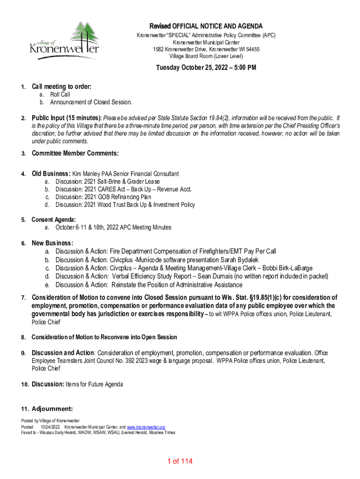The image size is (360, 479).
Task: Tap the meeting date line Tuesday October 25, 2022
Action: point(206,68)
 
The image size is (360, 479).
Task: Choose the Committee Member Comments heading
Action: point(75,153)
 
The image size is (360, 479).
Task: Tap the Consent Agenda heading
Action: point(53,220)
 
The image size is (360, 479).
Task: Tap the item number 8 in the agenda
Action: point(23,337)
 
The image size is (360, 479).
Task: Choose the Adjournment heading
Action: point(52,408)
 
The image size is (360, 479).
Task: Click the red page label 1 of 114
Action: point(180,462)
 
